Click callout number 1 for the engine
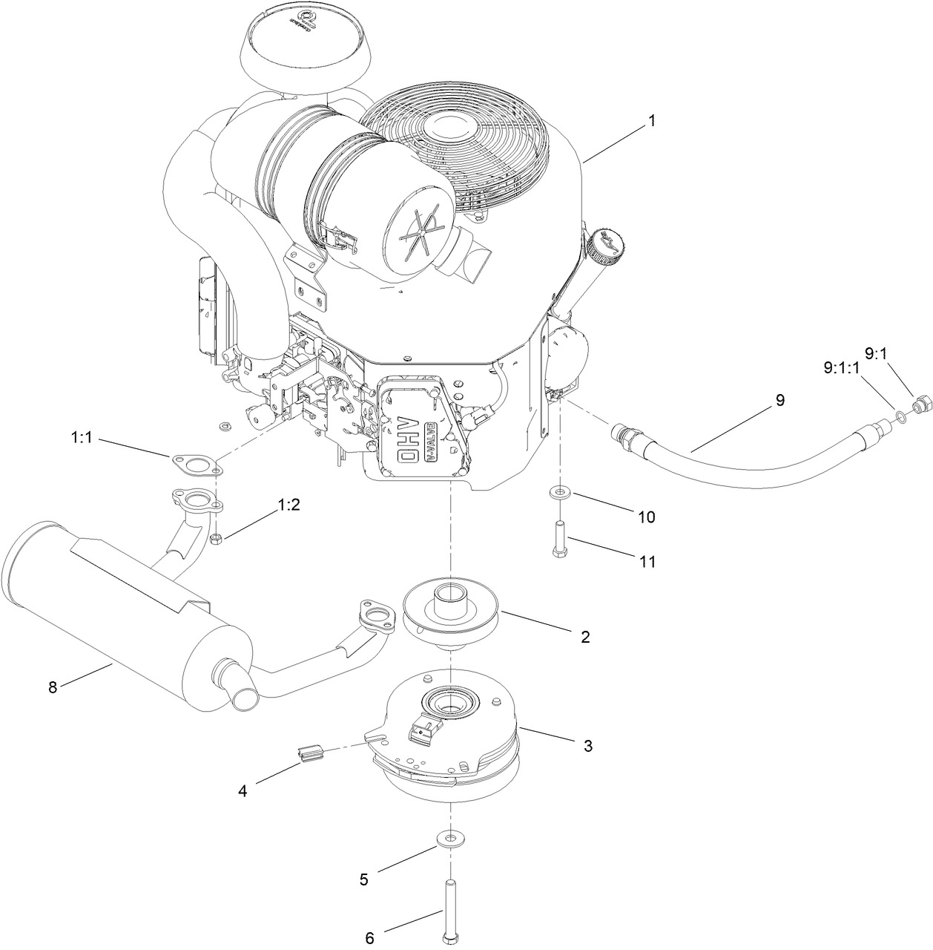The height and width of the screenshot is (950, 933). pos(651,121)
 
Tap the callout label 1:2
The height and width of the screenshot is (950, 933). pos(289,505)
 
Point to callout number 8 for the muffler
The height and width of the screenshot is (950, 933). pos(53,687)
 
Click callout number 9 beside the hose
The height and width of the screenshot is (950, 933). pos(779,400)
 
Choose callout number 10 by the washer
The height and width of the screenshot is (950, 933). pos(647,517)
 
